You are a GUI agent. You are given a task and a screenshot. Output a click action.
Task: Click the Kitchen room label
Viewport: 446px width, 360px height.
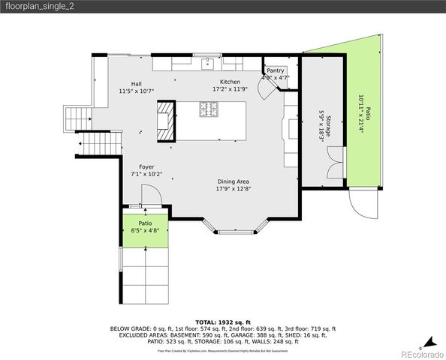(x=230, y=82)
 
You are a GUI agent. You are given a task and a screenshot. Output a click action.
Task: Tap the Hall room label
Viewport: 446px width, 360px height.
(x=136, y=84)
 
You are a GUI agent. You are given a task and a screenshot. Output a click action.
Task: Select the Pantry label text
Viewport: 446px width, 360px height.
(x=276, y=70)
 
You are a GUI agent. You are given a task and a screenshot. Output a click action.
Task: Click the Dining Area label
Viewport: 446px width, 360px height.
(x=234, y=181)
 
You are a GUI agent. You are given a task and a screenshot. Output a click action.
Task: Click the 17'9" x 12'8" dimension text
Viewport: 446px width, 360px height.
(x=234, y=189)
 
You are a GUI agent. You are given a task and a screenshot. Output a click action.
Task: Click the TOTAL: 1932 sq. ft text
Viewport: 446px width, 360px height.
(x=223, y=321)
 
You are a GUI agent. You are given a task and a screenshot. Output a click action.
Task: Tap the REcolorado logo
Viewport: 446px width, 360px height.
(x=421, y=352)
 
